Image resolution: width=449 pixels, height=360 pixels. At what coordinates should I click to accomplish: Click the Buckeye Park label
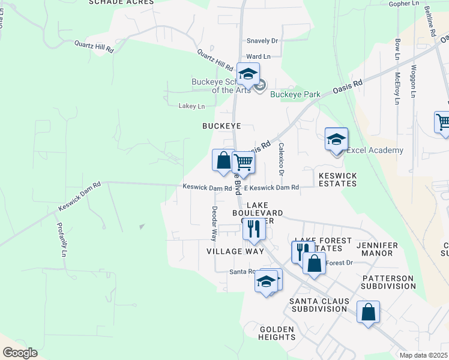[295, 94]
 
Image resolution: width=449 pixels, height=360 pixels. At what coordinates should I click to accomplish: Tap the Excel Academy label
[375, 150]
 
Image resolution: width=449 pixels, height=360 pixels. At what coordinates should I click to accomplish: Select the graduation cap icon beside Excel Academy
[337, 140]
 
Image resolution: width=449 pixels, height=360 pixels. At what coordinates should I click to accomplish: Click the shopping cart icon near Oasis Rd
[243, 162]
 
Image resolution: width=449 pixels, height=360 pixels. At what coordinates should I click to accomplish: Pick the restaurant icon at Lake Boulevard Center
[254, 229]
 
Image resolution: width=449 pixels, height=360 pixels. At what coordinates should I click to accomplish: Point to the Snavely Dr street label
[262, 41]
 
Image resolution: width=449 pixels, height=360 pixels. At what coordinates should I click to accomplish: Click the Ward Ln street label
[259, 56]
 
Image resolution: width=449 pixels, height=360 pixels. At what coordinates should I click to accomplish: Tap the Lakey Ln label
[191, 106]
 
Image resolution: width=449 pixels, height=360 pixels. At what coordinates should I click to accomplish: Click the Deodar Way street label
[214, 222]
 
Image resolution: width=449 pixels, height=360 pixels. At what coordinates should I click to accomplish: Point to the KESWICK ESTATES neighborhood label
[338, 179]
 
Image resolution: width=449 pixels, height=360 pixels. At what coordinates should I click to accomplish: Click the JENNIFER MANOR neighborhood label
[383, 249]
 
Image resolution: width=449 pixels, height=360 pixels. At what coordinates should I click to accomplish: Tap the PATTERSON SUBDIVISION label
[388, 283]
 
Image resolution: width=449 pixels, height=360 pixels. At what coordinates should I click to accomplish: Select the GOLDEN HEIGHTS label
[277, 333]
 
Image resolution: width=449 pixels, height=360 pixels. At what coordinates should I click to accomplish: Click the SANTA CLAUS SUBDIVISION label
[318, 305]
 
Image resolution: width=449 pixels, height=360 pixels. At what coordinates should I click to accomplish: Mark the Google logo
[20, 353]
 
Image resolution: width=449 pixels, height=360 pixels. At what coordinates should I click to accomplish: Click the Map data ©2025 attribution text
[423, 355]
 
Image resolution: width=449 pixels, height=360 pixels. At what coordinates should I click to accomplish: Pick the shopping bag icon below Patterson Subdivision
[368, 313]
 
